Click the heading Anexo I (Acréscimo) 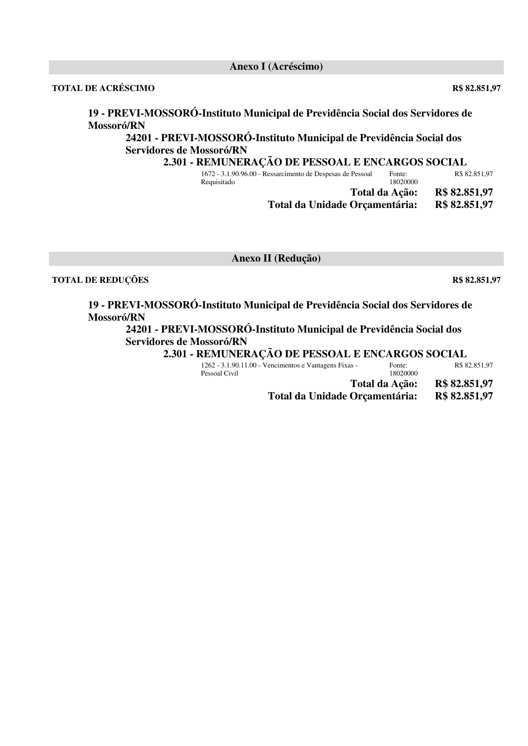(276, 67)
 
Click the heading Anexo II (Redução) (276, 258)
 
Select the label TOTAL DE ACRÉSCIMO (103, 88)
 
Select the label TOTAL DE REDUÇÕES (100, 280)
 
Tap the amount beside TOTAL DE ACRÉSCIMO (477, 88)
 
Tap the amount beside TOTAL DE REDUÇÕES (477, 280)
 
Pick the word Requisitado (217, 182)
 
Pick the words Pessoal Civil (219, 373)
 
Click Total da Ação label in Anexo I (384, 192)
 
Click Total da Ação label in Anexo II (384, 384)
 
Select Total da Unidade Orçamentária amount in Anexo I (464, 205)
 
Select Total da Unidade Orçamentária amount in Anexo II (464, 396)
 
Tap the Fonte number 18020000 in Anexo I (403, 182)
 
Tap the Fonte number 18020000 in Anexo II (403, 373)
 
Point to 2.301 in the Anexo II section (175, 354)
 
